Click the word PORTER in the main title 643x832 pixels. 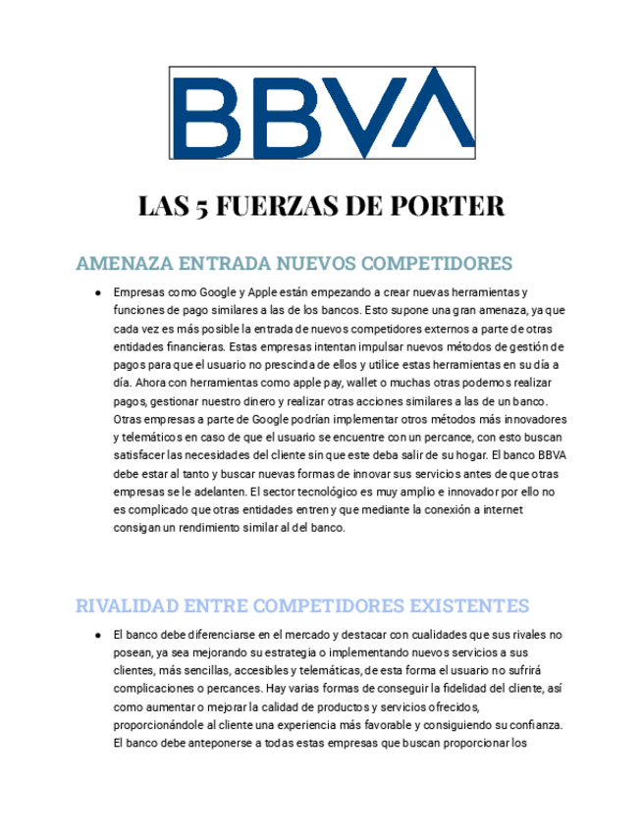(448, 207)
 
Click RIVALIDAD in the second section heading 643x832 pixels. (126, 603)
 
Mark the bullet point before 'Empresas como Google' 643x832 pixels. (100, 293)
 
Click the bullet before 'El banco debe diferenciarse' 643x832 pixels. (100, 635)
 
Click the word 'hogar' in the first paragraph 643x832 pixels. (466, 456)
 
